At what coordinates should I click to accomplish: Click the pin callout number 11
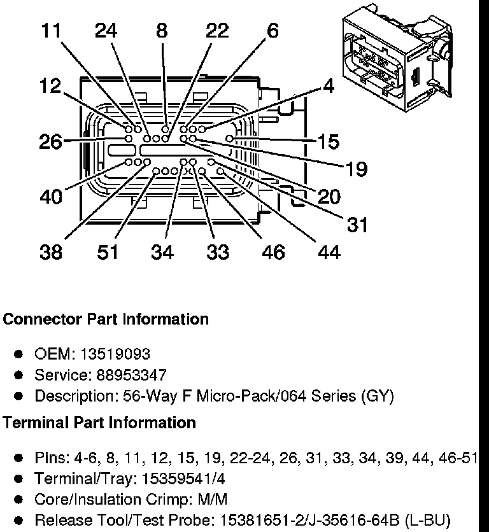[51, 31]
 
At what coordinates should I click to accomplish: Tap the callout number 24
[106, 31]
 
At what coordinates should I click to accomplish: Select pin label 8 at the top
[162, 31]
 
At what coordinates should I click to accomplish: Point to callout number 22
[217, 31]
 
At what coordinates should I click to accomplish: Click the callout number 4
[329, 86]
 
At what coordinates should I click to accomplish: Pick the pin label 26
[51, 141]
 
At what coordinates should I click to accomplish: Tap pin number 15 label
[329, 141]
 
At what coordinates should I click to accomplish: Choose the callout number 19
[357, 169]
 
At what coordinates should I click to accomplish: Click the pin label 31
[357, 225]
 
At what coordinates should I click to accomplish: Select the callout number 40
[51, 197]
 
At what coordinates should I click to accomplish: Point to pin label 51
[108, 252]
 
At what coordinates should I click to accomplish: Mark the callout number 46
[273, 252]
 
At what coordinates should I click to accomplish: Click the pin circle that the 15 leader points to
[230, 139]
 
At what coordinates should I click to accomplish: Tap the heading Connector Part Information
[106, 319]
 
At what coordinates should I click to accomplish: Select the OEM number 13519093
[115, 354]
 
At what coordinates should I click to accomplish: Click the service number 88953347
[131, 375]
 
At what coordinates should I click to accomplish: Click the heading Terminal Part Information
[99, 423]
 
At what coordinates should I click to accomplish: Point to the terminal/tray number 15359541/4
[183, 479]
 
